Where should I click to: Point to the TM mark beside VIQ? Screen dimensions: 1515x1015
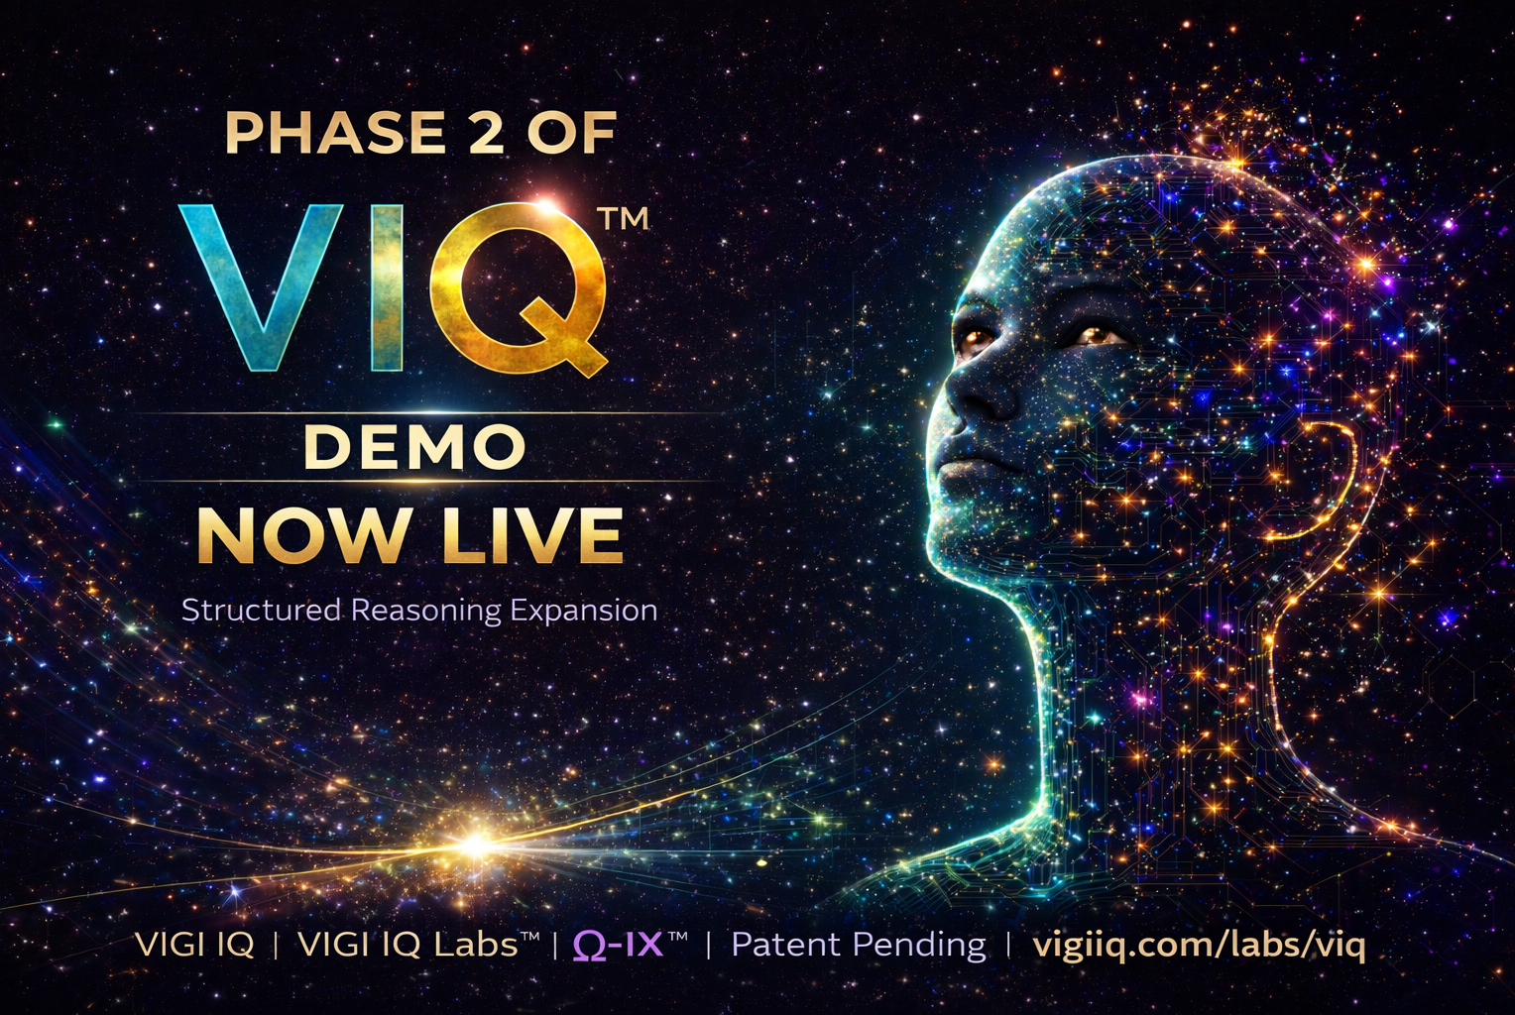624,220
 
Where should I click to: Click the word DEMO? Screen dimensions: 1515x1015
414,446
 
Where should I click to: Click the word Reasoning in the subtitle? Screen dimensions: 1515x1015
426,611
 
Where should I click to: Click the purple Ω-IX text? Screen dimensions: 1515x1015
618,944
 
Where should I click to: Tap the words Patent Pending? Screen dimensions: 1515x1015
859,945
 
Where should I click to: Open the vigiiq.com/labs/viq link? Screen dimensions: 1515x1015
1199,946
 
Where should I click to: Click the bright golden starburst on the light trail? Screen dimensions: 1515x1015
476,844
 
